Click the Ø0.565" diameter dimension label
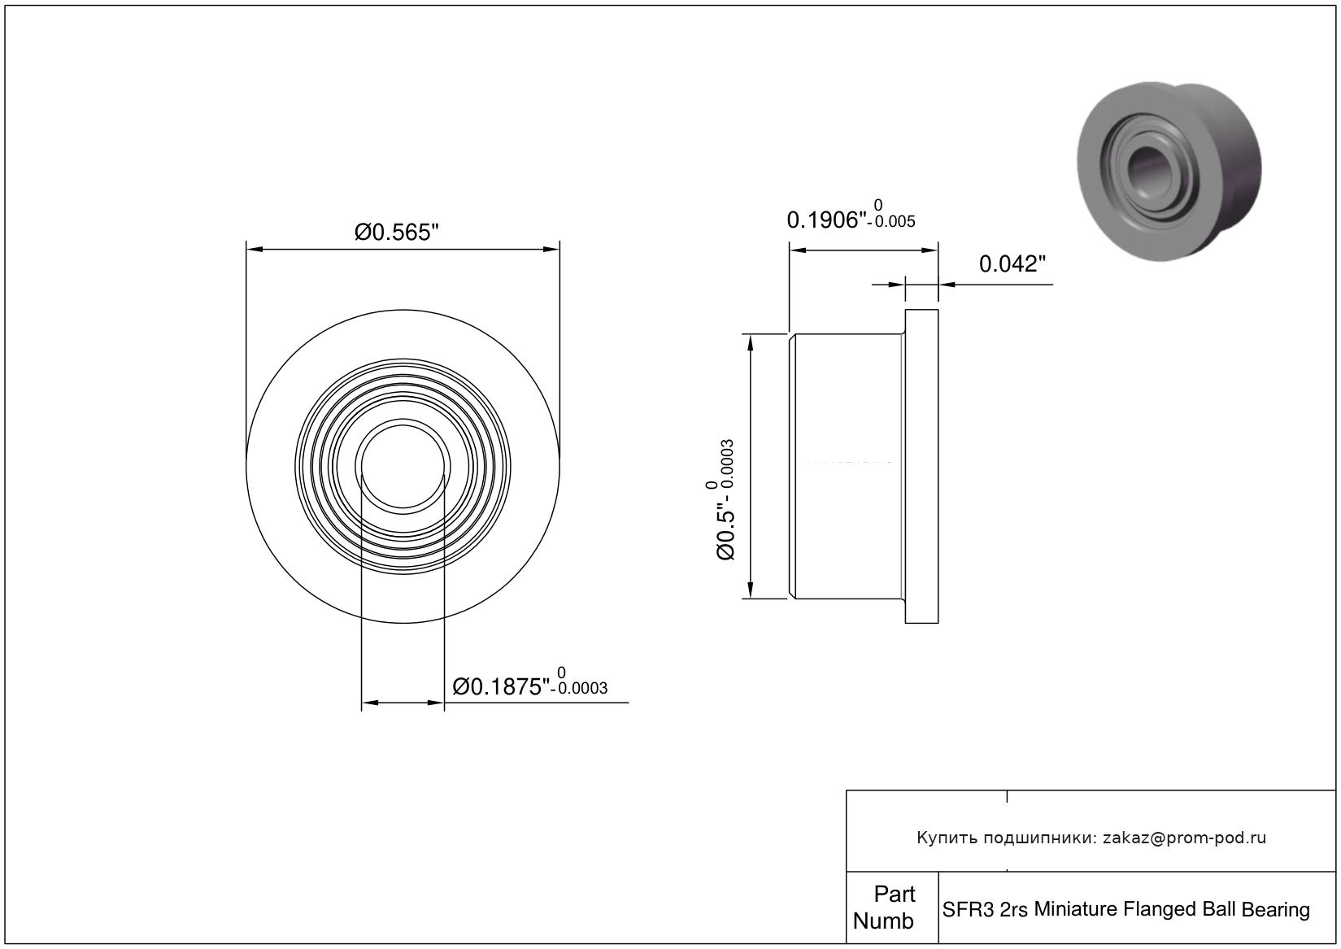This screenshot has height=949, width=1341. (x=396, y=233)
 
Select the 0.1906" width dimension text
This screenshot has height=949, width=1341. (x=827, y=220)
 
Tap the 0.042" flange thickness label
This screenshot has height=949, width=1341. (x=1012, y=263)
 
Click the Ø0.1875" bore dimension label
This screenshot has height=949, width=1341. (x=501, y=687)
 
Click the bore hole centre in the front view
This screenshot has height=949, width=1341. (x=403, y=467)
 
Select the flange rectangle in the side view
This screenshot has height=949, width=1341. (x=921, y=467)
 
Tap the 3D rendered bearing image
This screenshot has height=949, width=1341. (x=1169, y=172)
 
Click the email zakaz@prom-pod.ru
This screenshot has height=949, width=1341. (x=1184, y=838)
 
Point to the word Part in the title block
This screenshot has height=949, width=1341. (x=895, y=894)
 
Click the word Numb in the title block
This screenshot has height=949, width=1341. (x=883, y=921)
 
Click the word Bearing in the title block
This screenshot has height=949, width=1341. (x=1275, y=910)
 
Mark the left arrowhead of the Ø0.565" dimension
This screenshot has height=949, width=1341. (x=255, y=249)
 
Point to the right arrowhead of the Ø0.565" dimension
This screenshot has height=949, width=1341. (x=551, y=249)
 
